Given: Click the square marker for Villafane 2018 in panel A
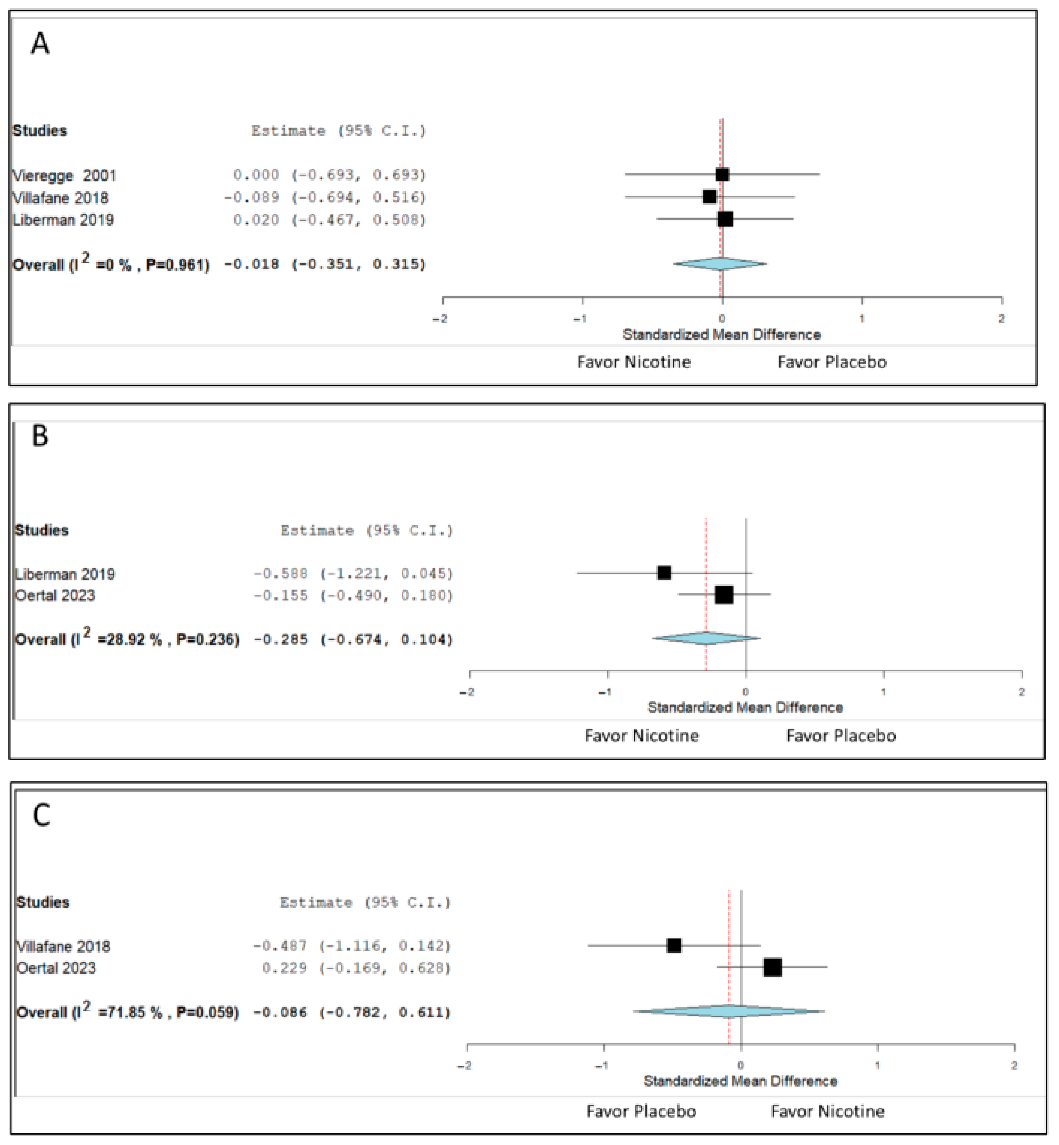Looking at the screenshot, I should point(709,197).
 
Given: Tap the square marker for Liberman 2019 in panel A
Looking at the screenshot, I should point(725,219).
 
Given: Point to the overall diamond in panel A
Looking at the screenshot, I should point(720,264).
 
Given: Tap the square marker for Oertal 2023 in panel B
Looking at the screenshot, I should point(724,595).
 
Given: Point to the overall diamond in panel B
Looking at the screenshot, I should point(706,638).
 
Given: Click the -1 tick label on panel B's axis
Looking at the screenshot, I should point(605,692).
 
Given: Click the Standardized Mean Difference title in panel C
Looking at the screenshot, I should point(740,1081).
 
